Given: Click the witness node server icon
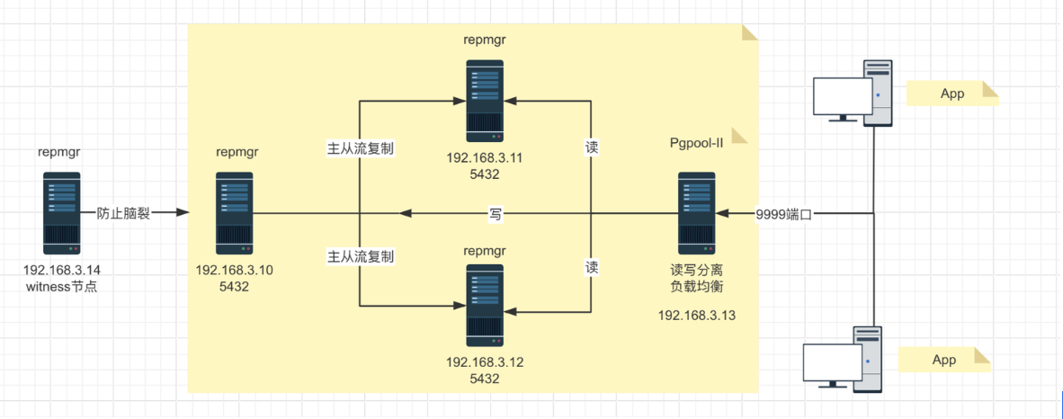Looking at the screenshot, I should (62, 213).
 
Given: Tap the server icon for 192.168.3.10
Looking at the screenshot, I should (235, 213).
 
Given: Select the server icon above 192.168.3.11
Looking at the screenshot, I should (485, 101).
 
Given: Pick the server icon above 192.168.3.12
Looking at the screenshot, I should (485, 305).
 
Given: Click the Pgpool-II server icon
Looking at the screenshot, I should (696, 213).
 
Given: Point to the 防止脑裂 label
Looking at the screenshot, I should (123, 213).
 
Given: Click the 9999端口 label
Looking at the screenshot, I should (784, 213).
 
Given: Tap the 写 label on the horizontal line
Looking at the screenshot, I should (496, 213).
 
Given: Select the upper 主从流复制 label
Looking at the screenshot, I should (360, 147).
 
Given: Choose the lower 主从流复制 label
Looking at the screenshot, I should (360, 257).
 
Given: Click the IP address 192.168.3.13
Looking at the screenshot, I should (697, 315).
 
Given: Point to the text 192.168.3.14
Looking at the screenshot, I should (62, 270).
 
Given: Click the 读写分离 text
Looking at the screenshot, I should (697, 270).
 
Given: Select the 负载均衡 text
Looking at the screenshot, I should (697, 287).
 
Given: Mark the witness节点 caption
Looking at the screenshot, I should (62, 287).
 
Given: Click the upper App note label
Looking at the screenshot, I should (952, 94).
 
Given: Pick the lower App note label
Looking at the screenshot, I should (944, 360).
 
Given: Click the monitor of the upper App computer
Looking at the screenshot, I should (842, 96).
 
